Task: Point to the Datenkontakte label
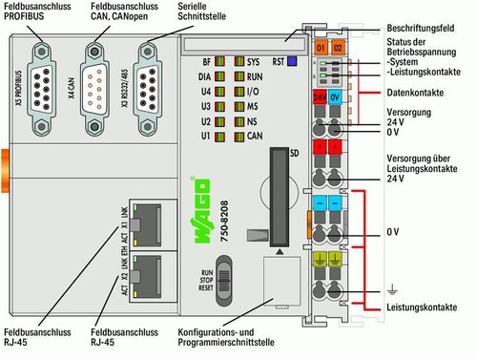coord(414,93)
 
